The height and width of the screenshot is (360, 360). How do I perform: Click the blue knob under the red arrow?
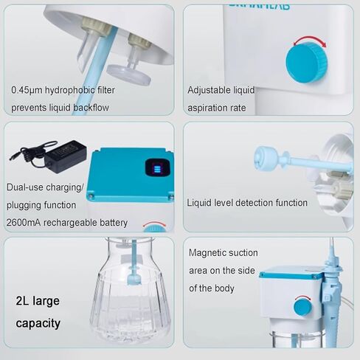point(305,62)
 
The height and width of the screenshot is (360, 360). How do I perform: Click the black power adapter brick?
point(65,157)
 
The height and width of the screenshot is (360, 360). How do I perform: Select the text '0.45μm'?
point(27,90)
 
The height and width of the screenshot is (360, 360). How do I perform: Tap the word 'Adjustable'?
point(211,90)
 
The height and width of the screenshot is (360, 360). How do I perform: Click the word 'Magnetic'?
point(209,253)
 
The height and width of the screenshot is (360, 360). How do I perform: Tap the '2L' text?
point(24,301)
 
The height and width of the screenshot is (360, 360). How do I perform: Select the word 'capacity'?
point(38,323)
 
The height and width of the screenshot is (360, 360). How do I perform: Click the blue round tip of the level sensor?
point(262,154)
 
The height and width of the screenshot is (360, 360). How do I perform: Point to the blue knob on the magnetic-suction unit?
point(302,305)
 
